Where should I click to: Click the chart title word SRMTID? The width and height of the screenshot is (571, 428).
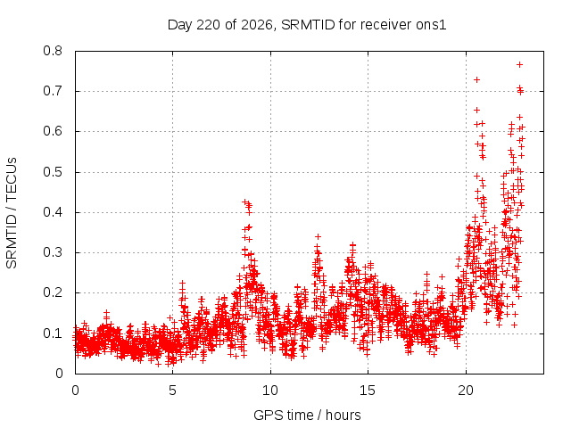coord(308,25)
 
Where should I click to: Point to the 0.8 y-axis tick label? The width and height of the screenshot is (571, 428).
coord(53,51)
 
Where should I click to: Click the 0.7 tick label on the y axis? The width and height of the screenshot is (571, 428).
coord(53,91)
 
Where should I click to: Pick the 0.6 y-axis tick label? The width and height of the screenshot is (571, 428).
coord(53,131)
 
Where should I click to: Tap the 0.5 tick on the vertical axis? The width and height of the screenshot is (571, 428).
coord(53,172)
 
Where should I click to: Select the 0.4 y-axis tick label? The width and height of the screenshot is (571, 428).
coord(53,212)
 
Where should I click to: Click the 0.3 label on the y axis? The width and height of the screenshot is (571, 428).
coord(53,252)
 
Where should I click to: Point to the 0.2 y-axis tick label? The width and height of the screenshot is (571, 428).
coord(53,292)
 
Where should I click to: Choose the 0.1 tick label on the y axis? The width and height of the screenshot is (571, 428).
coord(53,333)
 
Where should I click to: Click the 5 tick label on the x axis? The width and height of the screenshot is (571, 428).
coord(172,391)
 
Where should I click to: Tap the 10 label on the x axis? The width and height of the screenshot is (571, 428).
coord(269,391)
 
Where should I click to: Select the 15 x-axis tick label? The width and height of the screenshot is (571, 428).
coord(368,391)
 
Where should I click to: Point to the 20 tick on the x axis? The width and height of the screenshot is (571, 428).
coord(466,391)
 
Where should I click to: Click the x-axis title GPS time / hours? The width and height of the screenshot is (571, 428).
coord(307,415)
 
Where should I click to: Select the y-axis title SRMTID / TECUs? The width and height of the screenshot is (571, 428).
coord(12,213)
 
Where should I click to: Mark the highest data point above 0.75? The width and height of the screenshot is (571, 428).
coord(519,65)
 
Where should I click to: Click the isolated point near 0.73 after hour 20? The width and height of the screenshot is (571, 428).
coord(476,79)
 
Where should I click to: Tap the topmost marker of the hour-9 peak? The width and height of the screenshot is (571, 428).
coord(245,202)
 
